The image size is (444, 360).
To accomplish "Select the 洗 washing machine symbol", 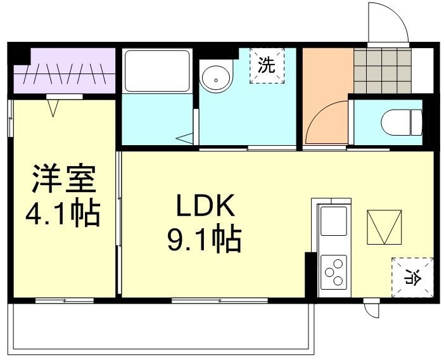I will click(267, 65).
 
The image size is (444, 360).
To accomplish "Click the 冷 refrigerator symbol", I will click(412, 276).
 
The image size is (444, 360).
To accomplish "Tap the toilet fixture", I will click(404, 121).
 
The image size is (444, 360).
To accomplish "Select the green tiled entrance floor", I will click(382, 70).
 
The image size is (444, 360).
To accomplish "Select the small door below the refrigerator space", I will click(372, 309).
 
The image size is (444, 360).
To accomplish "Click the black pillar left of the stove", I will click(310, 274).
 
